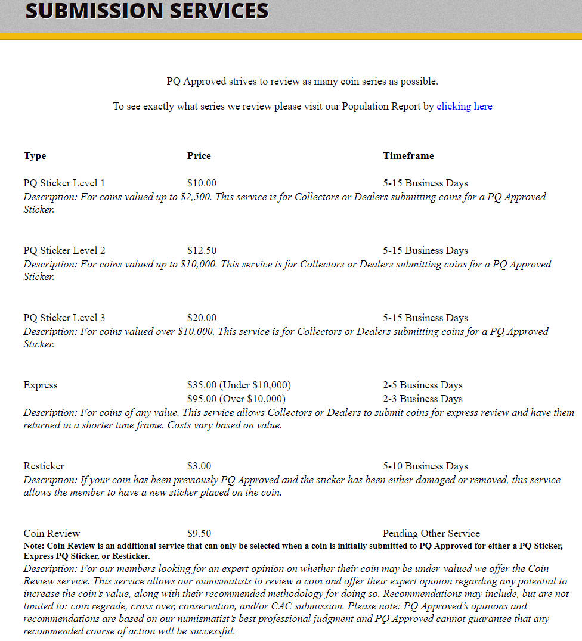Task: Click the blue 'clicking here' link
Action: pos(464,107)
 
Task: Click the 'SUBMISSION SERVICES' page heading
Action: pos(147,11)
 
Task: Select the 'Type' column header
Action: pos(35,156)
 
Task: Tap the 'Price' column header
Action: pos(199,156)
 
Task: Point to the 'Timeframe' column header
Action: pos(408,156)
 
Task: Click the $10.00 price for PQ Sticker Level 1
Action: pos(202,183)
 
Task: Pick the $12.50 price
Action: pos(202,251)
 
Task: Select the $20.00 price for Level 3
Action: pos(202,318)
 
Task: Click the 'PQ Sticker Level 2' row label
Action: pos(64,251)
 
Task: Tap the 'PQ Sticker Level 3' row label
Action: pos(64,318)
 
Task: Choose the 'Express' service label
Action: pos(41,385)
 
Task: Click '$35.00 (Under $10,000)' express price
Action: pos(239,385)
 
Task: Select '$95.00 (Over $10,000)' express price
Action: pos(236,399)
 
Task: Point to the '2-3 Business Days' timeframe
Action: pos(422,399)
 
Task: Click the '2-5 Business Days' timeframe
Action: pos(422,385)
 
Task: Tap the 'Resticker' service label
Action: pos(44,466)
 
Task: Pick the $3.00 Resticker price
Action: pos(199,466)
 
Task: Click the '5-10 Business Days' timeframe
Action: pos(425,466)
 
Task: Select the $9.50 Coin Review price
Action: pos(199,534)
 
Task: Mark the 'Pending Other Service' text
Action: pos(431,534)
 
